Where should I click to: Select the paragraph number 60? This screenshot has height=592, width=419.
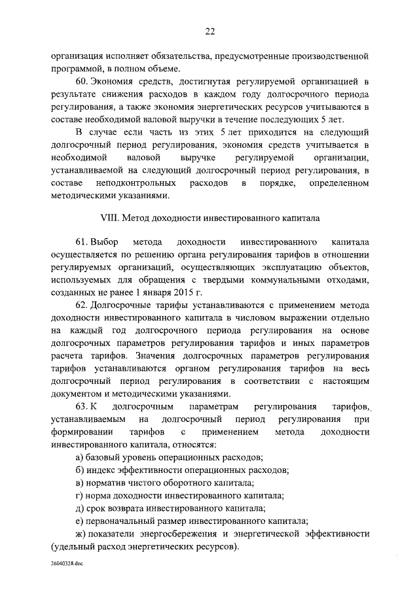click(x=82, y=81)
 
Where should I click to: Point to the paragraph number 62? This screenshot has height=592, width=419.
click(x=82, y=305)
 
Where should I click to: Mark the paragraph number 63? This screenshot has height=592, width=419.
click(x=82, y=407)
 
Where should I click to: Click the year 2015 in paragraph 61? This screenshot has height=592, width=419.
click(x=195, y=292)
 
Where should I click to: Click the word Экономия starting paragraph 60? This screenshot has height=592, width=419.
click(x=113, y=81)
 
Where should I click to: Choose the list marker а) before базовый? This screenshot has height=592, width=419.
click(x=79, y=457)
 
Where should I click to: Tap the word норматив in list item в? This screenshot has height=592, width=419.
click(x=109, y=483)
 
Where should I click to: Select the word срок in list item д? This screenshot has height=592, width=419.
click(x=98, y=508)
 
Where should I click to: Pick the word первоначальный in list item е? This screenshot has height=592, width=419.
click(x=122, y=521)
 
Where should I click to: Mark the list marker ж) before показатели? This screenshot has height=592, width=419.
click(x=81, y=534)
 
